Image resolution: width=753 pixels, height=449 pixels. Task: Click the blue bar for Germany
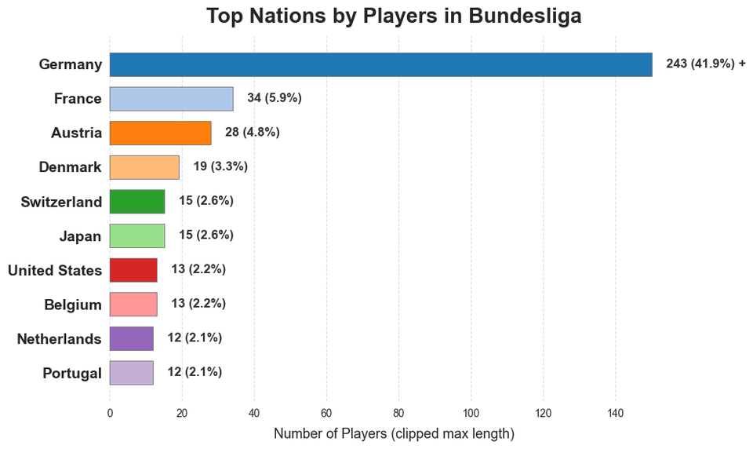point(380,64)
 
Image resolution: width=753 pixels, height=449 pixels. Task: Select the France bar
point(171,98)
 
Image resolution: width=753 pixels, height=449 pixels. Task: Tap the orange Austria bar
point(160,133)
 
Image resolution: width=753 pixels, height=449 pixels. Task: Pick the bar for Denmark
point(144,167)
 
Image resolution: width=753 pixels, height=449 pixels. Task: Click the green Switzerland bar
point(137,202)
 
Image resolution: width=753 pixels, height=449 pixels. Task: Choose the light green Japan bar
point(137,235)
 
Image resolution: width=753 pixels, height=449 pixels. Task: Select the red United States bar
point(133,270)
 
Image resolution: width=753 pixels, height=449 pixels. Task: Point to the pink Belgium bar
point(133,305)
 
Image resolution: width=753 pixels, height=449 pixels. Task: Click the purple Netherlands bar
point(132,338)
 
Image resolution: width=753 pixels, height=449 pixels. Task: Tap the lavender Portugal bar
point(132,373)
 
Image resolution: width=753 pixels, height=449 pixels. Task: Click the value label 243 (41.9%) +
point(705,64)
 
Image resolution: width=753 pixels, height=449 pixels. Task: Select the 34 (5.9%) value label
point(275,98)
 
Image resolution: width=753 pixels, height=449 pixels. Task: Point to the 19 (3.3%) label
point(220,166)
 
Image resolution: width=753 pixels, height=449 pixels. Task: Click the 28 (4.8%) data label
point(252,132)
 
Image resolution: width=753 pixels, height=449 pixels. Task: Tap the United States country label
point(55,271)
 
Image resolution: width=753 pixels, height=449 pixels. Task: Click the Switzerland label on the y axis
point(61,203)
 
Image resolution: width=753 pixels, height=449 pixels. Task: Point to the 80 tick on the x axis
point(398,413)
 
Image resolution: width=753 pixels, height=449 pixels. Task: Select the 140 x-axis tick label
point(615,413)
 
